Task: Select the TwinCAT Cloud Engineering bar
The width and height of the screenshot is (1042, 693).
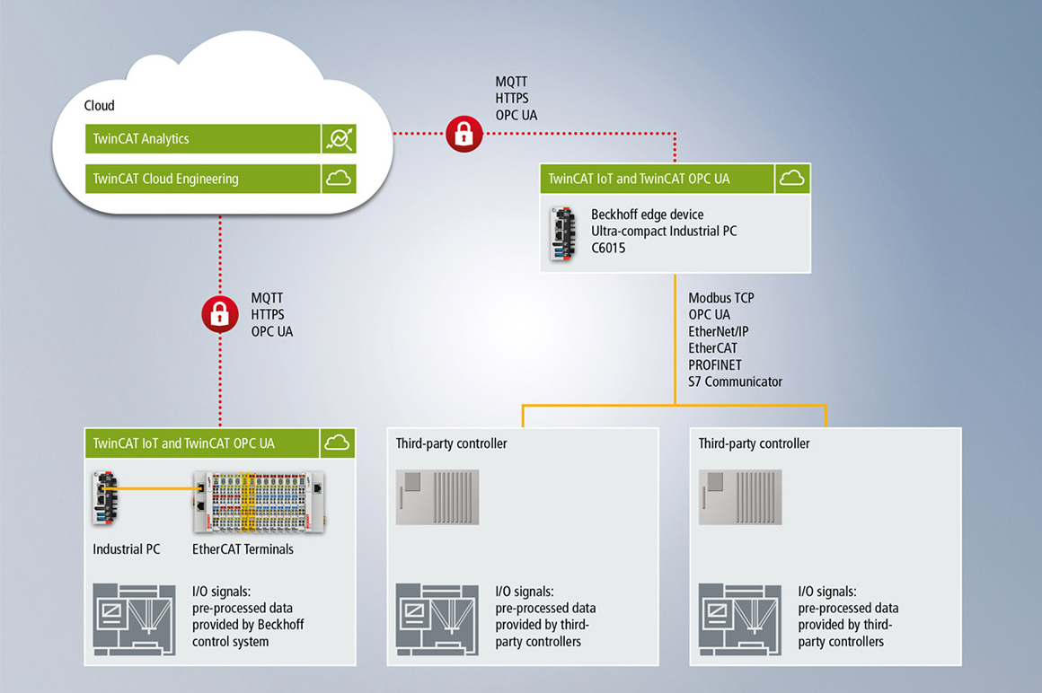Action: pyautogui.click(x=203, y=179)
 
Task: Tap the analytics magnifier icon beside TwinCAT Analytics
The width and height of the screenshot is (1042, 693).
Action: pyautogui.click(x=340, y=139)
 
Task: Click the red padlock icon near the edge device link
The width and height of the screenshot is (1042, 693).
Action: pyautogui.click(x=464, y=135)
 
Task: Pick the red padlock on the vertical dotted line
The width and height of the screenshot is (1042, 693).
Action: pyautogui.click(x=219, y=314)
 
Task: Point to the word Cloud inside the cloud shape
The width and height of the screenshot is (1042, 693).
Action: pyautogui.click(x=100, y=106)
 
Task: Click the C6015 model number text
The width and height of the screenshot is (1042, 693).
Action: pyautogui.click(x=608, y=249)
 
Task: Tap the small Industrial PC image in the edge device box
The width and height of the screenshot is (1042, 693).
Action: pyautogui.click(x=562, y=233)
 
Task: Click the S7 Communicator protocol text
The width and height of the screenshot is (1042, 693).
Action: pyautogui.click(x=735, y=382)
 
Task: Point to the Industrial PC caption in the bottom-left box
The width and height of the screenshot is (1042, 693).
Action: pyautogui.click(x=127, y=548)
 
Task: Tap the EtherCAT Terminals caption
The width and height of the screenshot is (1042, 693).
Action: pyautogui.click(x=243, y=548)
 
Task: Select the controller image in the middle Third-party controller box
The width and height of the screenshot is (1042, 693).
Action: pyautogui.click(x=437, y=496)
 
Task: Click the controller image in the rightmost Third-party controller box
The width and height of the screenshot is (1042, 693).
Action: pyautogui.click(x=740, y=496)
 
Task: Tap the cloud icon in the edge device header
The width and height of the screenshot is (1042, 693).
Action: pyautogui.click(x=791, y=179)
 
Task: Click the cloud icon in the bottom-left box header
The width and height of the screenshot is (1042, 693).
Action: pyautogui.click(x=337, y=443)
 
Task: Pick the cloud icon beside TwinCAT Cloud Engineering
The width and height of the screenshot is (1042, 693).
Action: pyautogui.click(x=339, y=179)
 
